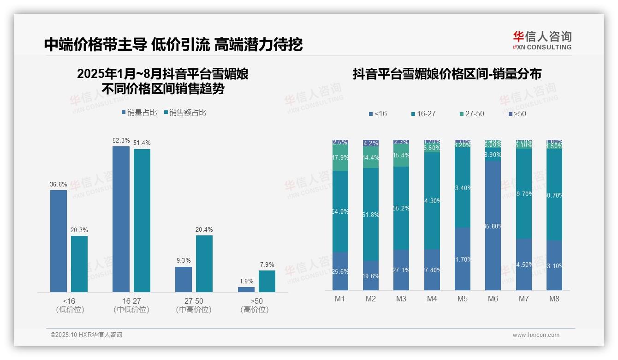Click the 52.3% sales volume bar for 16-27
coord(121,219)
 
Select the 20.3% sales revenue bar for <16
coord(79,264)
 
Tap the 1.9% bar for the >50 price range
coord(246,289)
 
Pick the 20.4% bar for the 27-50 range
coord(204,264)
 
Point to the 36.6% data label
coord(59,185)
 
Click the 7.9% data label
coord(267,265)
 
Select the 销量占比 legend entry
coord(139,113)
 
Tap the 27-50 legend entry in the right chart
coord(472,114)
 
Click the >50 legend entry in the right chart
coord(517,114)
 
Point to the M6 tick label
coord(493,299)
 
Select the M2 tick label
coord(371,299)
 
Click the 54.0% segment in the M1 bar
coord(340,211)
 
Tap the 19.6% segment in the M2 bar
coord(371,276)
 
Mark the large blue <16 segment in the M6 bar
coord(493,226)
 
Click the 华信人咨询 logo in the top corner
coord(542,40)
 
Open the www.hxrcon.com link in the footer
coord(536,335)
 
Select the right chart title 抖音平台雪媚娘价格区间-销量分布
coord(447,74)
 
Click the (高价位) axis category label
coord(255,310)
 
